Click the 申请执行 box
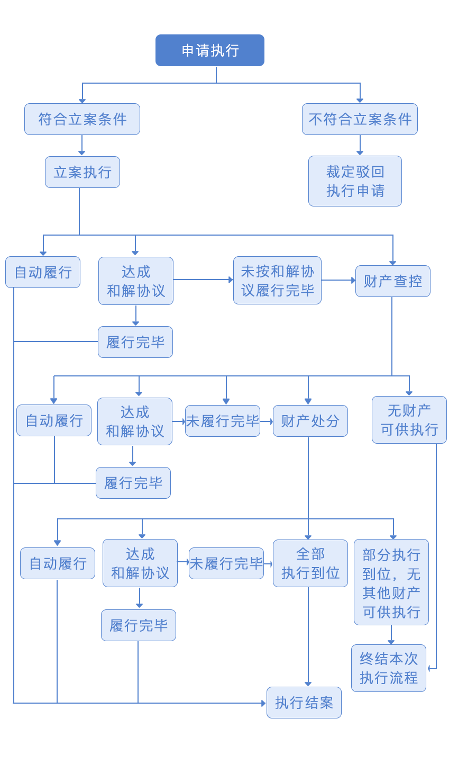(x=209, y=50)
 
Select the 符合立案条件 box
(x=82, y=119)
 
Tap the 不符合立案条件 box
(x=360, y=119)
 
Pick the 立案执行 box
(x=83, y=172)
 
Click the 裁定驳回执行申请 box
(x=355, y=181)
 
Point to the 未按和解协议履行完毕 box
(x=277, y=281)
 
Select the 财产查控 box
(x=392, y=281)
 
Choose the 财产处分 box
(x=310, y=421)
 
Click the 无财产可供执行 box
(x=409, y=420)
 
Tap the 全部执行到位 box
(x=310, y=563)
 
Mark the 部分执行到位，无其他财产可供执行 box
(x=391, y=582)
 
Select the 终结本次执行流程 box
(x=388, y=668)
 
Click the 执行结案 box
(x=304, y=703)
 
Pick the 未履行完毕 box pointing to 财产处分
(x=222, y=421)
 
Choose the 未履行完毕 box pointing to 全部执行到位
(x=226, y=563)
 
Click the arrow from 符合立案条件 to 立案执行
(x=82, y=145)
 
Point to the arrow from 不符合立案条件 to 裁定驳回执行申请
(x=360, y=145)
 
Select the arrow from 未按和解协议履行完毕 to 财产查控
(x=338, y=280)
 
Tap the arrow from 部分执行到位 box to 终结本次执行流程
(x=391, y=635)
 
